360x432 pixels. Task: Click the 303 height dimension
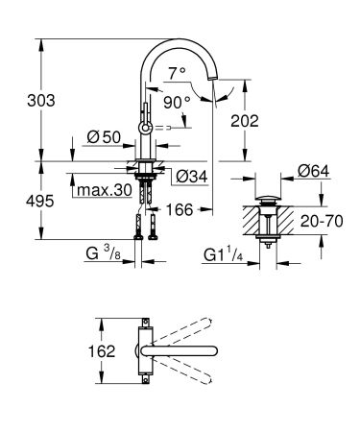(18, 101)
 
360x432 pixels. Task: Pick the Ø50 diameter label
(103, 138)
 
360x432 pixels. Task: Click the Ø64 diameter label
(313, 170)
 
